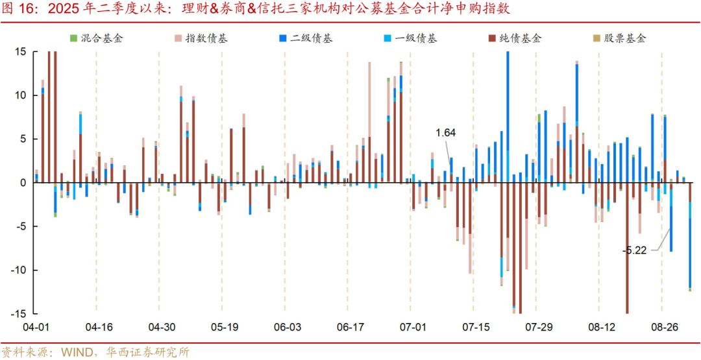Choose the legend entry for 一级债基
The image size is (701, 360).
coord(415,38)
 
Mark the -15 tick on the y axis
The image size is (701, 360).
coord(18,313)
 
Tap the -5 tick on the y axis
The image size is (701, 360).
coord(19,226)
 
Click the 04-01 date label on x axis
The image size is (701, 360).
coord(34,327)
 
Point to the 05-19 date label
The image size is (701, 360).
coord(224,327)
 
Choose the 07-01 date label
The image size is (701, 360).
coord(413,327)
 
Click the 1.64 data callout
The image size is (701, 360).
coord(445,132)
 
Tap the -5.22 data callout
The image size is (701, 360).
coord(635,250)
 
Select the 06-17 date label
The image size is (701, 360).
coord(350,327)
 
